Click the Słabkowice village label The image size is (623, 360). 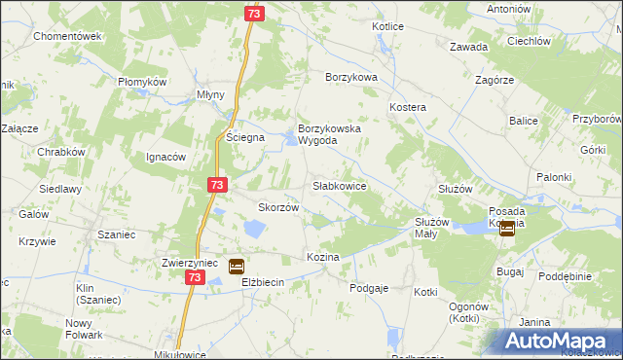click(x=339, y=185)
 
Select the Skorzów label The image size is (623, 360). click(x=276, y=207)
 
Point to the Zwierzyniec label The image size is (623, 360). click(x=194, y=263)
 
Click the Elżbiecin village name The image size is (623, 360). click(x=262, y=282)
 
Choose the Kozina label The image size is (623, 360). click(x=322, y=257)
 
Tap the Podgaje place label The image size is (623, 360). click(x=369, y=287)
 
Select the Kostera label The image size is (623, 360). click(x=408, y=105)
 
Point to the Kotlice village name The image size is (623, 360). click(x=387, y=26)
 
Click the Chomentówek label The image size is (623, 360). click(x=67, y=36)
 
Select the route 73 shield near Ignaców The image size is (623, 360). click(x=217, y=184)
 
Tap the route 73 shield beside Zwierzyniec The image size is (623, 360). click(x=194, y=278)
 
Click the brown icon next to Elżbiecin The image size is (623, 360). click(x=237, y=266)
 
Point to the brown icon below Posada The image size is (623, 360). click(x=507, y=229)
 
